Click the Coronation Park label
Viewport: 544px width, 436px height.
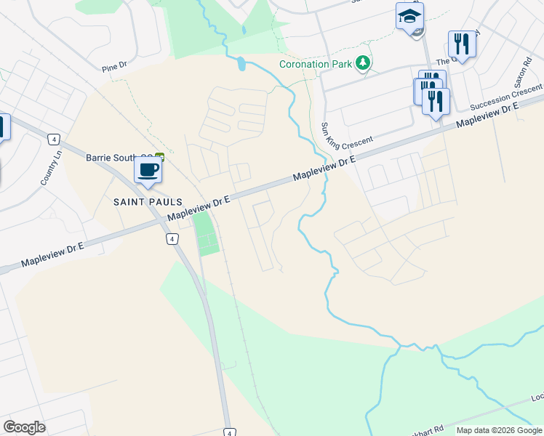(316, 63)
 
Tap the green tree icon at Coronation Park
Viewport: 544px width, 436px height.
(362, 64)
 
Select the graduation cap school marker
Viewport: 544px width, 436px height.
(409, 16)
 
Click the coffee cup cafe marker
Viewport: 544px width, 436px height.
(148, 171)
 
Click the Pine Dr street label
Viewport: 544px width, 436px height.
(115, 67)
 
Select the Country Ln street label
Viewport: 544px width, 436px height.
(48, 171)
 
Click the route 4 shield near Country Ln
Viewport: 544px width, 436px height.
(53, 138)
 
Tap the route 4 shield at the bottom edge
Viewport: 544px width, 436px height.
(228, 430)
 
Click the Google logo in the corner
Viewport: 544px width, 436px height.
(24, 427)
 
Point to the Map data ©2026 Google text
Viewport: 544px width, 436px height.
(500, 430)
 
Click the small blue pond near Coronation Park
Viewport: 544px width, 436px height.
(241, 63)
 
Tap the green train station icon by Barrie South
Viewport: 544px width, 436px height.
(159, 156)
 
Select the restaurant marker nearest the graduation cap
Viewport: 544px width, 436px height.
(463, 44)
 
